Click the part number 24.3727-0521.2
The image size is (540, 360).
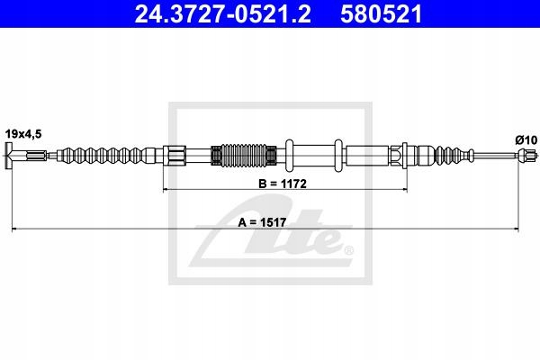click(x=222, y=14)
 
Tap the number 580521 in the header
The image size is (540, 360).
click(x=381, y=14)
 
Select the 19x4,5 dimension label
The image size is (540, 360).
click(x=23, y=134)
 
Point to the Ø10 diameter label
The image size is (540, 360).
click(x=526, y=140)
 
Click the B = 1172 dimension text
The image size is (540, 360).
click(x=283, y=184)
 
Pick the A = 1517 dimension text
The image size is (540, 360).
click(x=262, y=223)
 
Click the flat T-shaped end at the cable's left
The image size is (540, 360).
click(x=8, y=156)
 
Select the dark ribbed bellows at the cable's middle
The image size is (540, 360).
click(x=244, y=156)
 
